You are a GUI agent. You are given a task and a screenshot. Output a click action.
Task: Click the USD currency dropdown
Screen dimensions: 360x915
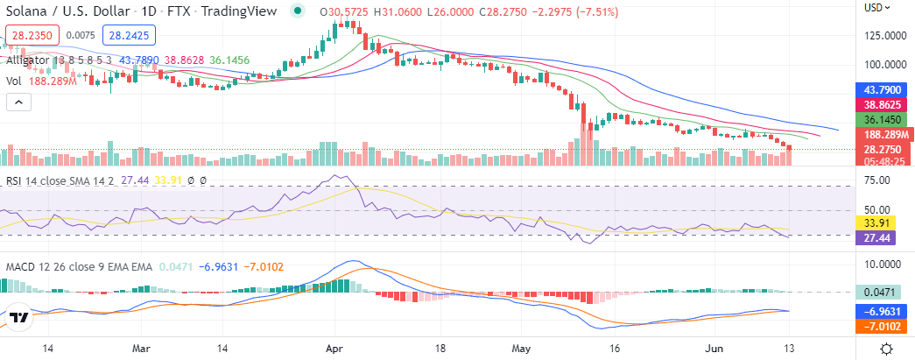877,7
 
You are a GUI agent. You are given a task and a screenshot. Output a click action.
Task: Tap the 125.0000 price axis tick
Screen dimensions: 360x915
884,37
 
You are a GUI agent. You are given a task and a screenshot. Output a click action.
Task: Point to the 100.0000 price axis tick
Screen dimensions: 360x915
884,66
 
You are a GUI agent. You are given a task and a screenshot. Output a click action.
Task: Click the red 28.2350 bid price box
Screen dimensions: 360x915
31,35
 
